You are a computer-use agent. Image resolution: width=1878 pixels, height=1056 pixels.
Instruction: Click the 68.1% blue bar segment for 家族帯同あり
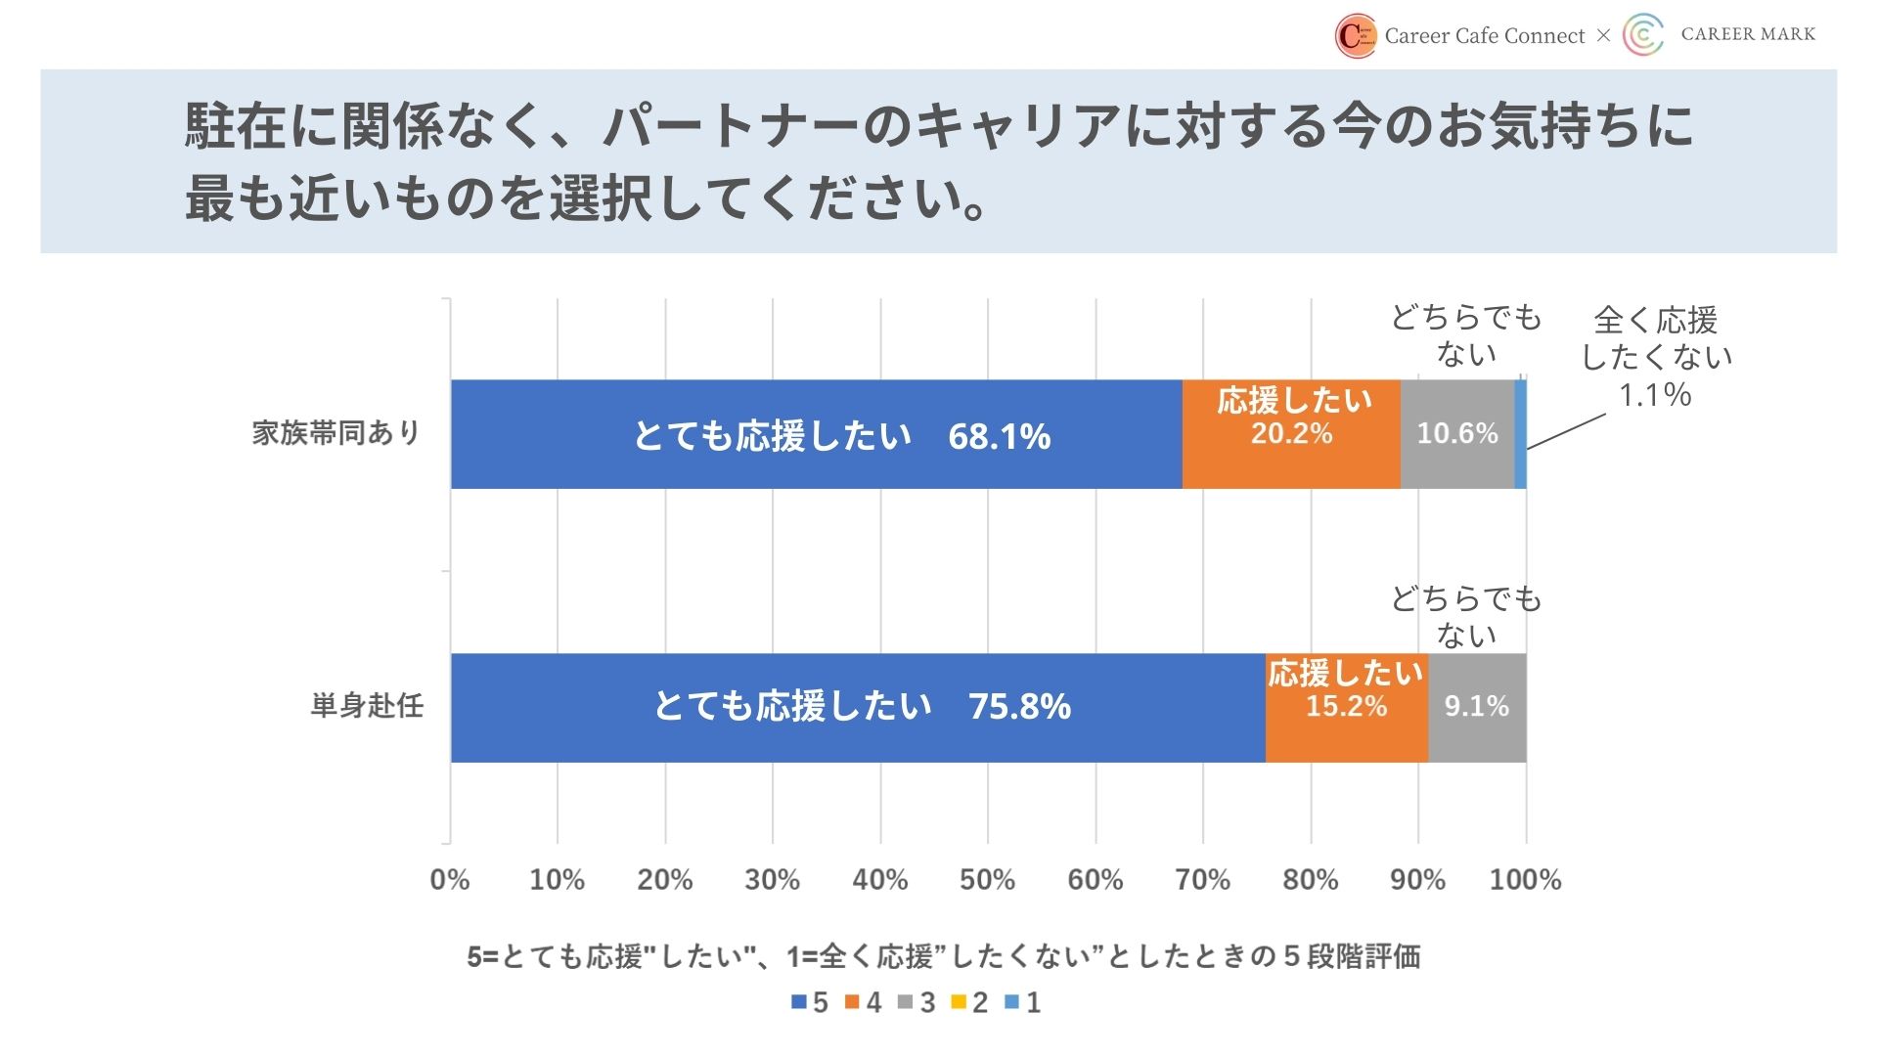816,434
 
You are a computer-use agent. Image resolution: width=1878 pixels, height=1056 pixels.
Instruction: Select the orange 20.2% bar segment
1291,434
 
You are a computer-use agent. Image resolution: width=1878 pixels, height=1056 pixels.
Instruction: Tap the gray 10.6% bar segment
1457,434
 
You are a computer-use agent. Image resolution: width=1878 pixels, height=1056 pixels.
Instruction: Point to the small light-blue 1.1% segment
1521,434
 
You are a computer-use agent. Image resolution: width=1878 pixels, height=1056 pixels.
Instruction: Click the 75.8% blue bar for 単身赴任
858,707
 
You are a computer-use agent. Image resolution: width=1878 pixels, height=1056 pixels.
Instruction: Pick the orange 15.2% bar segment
1347,707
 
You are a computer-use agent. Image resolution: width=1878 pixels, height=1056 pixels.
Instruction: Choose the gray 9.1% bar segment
1477,707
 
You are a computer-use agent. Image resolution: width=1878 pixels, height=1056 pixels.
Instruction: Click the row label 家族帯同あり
336,433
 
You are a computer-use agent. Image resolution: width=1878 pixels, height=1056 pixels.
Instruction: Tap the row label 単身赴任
367,706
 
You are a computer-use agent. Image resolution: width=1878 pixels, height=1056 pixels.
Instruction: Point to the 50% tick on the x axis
987,880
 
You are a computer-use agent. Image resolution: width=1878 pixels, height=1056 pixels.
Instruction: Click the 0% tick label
450,880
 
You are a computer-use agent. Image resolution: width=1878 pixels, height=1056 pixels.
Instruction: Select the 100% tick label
1525,880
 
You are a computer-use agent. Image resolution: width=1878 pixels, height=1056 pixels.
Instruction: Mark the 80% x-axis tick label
1310,880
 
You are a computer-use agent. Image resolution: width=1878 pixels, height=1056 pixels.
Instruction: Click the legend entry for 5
810,1002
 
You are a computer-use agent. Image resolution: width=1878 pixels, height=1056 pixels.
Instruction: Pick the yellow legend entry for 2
969,1002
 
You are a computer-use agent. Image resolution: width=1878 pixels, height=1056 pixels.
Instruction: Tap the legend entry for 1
1023,1002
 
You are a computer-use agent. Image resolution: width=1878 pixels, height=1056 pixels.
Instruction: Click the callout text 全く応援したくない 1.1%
1655,358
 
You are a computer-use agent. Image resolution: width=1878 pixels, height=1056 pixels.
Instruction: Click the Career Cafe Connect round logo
1356,36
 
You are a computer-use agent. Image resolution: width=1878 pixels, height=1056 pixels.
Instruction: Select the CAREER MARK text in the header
1748,34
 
